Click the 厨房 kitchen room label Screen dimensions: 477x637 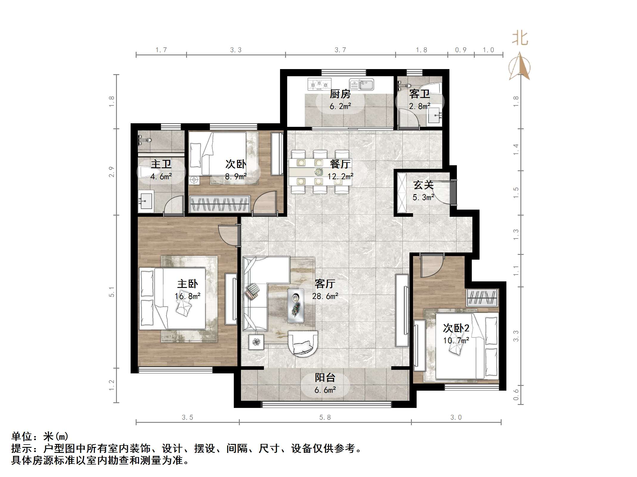[x=340, y=94]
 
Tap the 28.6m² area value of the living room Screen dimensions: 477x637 [x=325, y=296]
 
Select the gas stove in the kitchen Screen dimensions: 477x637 [x=319, y=84]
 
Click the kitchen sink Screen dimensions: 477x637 [x=361, y=85]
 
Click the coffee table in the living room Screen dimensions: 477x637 [x=296, y=305]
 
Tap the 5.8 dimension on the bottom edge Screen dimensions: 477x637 [x=325, y=417]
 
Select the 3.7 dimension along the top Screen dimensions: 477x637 [x=340, y=50]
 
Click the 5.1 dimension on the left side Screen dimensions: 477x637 [x=112, y=292]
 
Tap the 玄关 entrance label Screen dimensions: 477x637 [x=423, y=185]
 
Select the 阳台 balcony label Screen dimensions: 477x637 [x=325, y=378]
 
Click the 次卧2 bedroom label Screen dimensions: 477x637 [x=456, y=328]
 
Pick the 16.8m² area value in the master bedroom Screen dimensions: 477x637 [x=187, y=296]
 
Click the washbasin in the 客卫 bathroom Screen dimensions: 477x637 [x=435, y=115]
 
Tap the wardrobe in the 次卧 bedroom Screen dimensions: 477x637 [x=220, y=204]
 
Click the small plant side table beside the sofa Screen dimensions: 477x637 [x=256, y=342]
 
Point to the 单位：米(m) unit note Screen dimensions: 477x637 [x=40, y=437]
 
